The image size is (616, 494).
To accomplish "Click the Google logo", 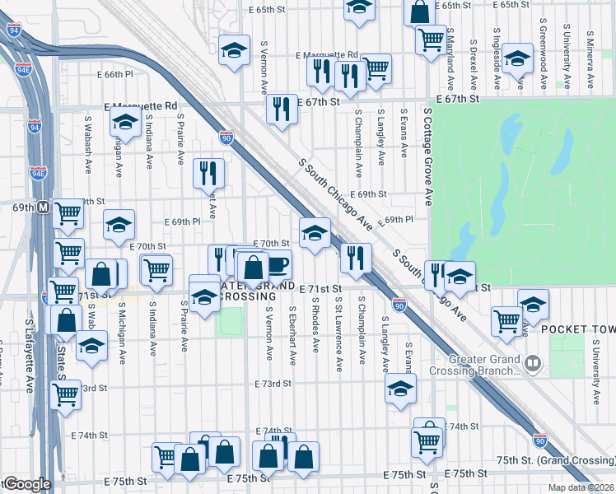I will click(27, 484).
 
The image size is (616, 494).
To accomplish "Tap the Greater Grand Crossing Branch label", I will click(484, 365).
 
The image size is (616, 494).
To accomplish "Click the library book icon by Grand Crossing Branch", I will click(533, 362).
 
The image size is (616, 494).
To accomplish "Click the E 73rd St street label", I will click(273, 384).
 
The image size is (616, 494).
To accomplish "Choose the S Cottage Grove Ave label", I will click(429, 155).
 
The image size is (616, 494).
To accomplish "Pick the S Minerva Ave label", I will click(590, 61).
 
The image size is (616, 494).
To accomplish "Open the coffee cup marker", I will click(278, 265).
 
